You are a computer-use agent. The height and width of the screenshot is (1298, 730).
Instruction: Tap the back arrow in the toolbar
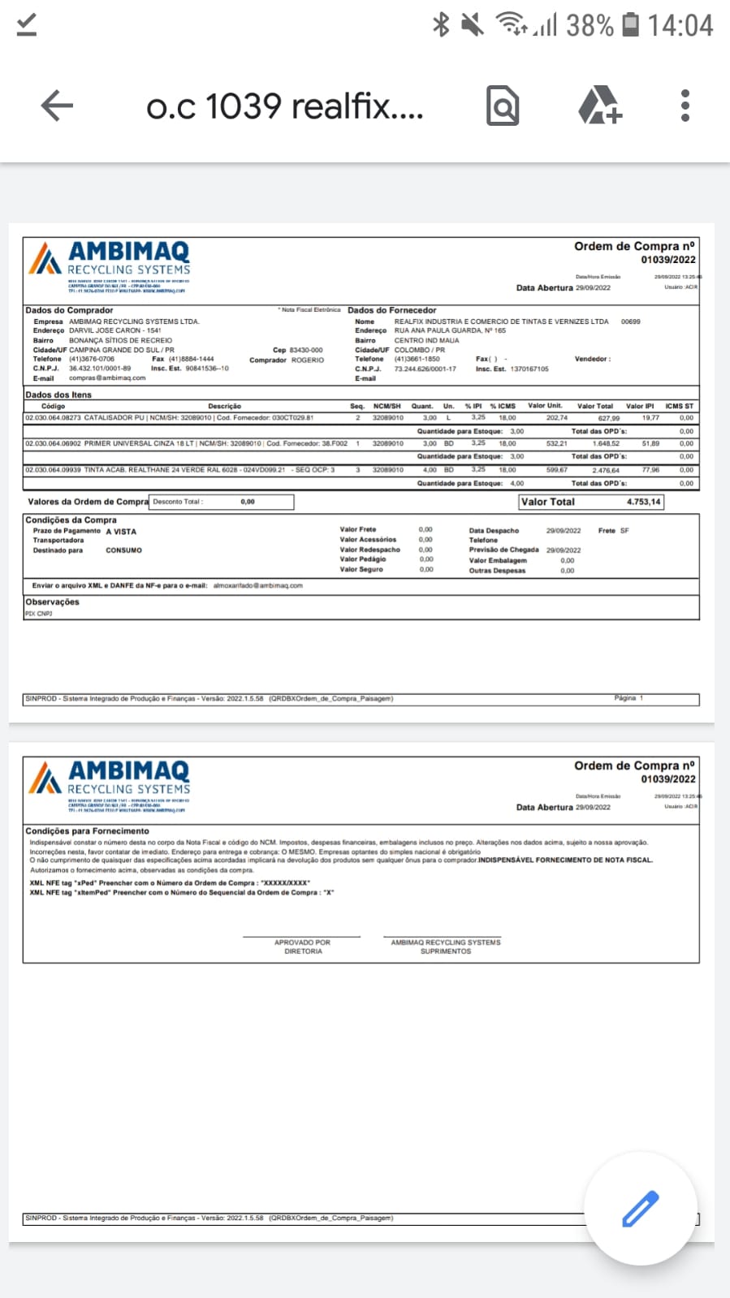pos(56,106)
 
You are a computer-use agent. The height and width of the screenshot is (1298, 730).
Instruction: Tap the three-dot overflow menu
pos(685,106)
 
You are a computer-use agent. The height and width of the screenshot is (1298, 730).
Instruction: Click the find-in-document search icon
pos(503,106)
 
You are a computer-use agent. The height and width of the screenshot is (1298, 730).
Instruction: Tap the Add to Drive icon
pos(599,106)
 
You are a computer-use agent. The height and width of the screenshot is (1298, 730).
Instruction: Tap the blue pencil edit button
pos(641,1208)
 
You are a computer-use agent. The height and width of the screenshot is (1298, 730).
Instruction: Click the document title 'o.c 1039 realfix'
pos(284,106)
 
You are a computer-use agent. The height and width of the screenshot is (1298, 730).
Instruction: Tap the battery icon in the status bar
pos(630,25)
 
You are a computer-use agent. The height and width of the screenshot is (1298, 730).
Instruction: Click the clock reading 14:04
pos(680,25)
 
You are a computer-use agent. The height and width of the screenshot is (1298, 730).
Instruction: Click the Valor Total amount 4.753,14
pos(643,502)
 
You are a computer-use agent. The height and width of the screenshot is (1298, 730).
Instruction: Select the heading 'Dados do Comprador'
pos(69,310)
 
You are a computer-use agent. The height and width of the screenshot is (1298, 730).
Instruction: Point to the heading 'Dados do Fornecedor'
pos(391,310)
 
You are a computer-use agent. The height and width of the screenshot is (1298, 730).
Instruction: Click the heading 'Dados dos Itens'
pos(58,395)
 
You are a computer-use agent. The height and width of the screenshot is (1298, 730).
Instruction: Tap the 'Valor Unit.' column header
pos(545,406)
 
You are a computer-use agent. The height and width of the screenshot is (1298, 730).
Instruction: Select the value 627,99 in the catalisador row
pos(609,418)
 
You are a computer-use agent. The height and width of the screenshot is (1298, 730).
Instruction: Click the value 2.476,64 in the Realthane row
pos(606,470)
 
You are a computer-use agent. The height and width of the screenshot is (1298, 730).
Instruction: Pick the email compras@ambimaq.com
pos(107,378)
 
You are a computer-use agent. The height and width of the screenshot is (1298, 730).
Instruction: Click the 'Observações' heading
pos(52,602)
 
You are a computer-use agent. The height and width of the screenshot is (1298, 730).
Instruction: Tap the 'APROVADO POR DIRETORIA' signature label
pos(302,947)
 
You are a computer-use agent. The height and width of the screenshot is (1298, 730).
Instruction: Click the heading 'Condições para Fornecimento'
pos(87,831)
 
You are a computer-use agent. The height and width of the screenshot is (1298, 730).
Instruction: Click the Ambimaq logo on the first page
pos(109,260)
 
